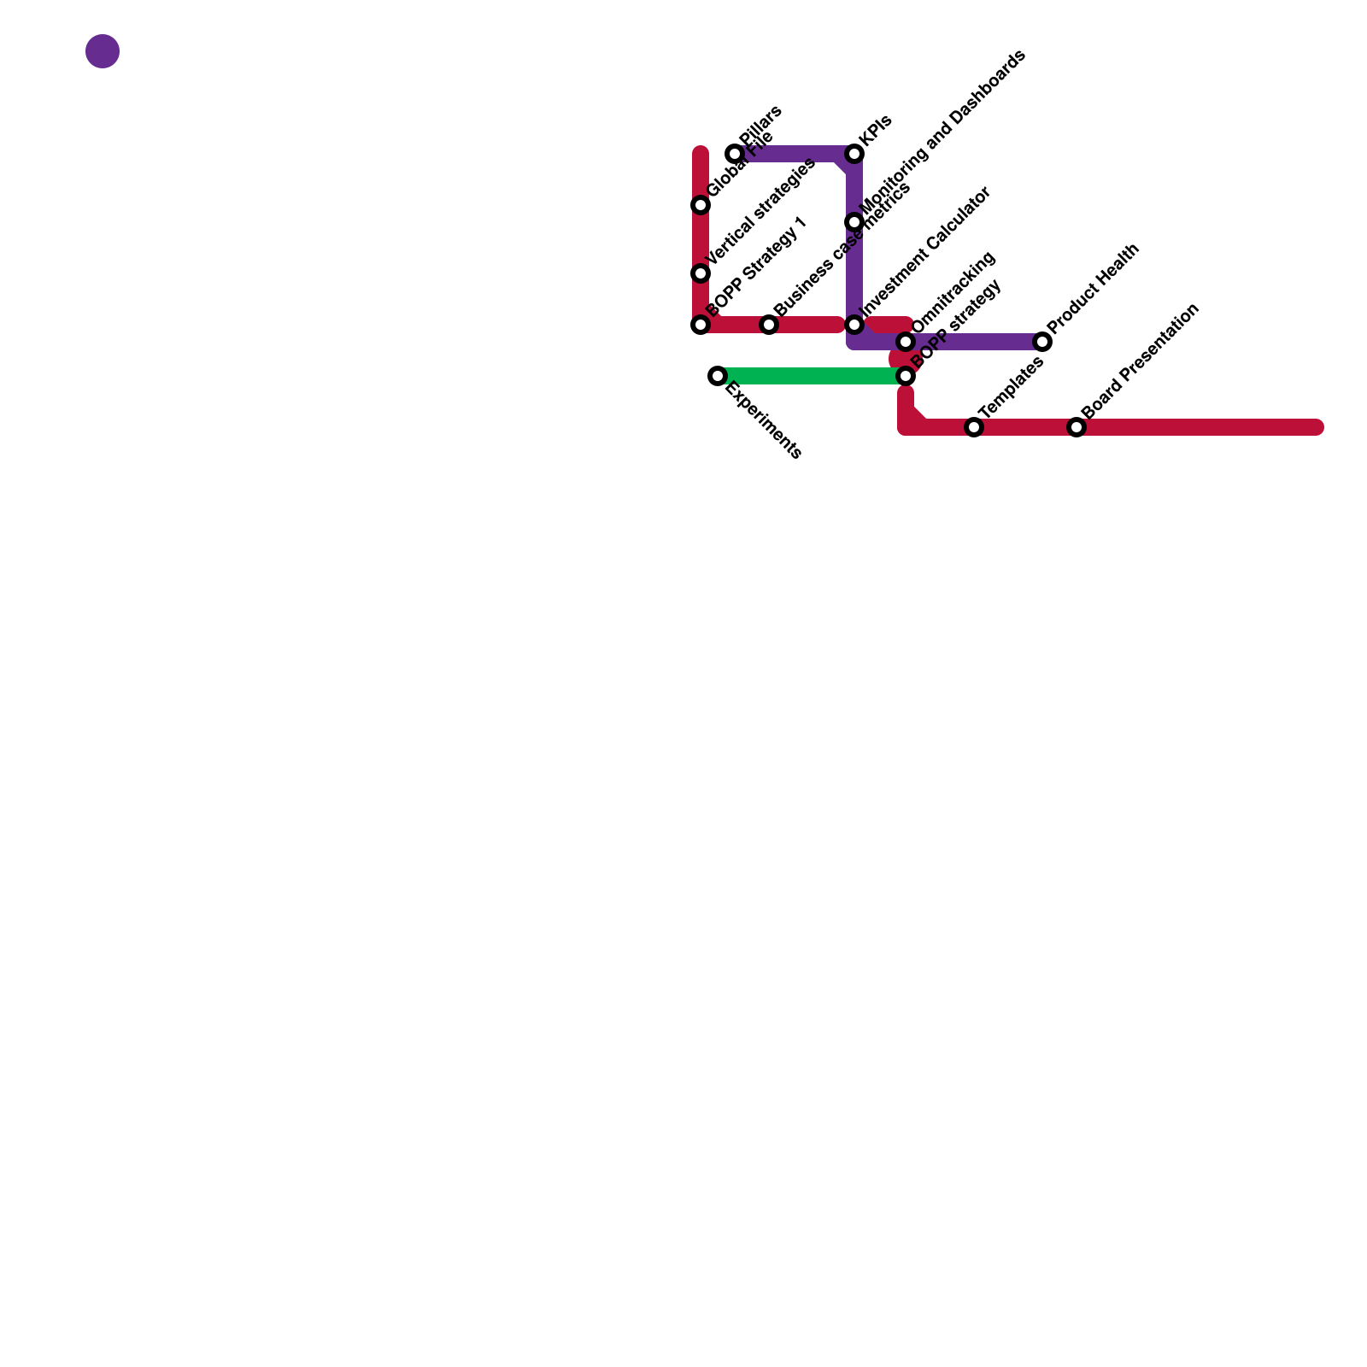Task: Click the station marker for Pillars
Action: pos(735,154)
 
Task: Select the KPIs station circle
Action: pos(854,154)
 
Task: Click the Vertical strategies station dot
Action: pos(701,273)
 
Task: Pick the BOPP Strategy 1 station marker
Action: pos(701,325)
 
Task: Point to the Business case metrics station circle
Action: pos(769,325)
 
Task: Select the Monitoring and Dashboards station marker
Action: pos(854,222)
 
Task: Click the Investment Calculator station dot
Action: pos(854,325)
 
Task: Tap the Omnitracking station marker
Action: pos(906,342)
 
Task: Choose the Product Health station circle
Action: pos(1042,342)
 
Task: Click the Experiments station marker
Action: pos(718,376)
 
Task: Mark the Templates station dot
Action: pos(974,427)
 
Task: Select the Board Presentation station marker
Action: pos(1077,427)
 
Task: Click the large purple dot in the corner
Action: pos(103,51)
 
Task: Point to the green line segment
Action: pos(812,376)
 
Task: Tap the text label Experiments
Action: pos(763,421)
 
